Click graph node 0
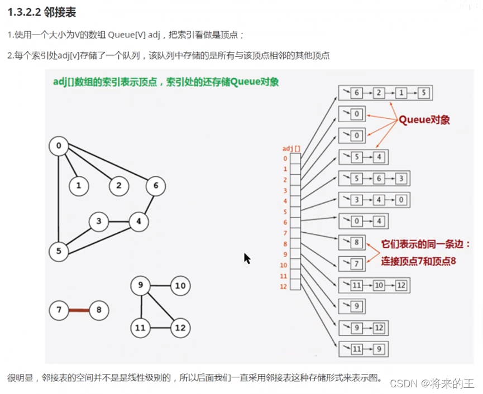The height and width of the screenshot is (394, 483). (x=59, y=147)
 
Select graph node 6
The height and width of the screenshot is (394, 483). (x=156, y=186)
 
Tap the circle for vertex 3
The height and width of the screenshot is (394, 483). (x=98, y=222)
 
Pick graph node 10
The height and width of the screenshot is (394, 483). (x=180, y=286)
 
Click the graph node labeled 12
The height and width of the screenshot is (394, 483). (x=180, y=328)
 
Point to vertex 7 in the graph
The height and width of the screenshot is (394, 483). (x=59, y=310)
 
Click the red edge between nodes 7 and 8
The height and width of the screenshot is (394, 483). (x=79, y=310)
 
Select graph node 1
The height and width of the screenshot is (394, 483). (x=79, y=186)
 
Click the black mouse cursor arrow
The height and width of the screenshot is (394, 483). (x=246, y=258)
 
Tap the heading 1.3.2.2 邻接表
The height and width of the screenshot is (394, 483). (x=42, y=13)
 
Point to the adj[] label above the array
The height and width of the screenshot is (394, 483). (x=291, y=148)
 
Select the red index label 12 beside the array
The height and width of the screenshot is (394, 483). (x=284, y=286)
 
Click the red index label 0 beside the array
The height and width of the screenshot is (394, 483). (x=285, y=158)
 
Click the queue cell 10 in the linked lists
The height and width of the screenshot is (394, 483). (x=379, y=286)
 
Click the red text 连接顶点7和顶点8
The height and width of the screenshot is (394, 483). (x=418, y=260)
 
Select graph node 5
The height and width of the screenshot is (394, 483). (x=59, y=251)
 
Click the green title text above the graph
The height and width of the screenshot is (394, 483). (x=165, y=81)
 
